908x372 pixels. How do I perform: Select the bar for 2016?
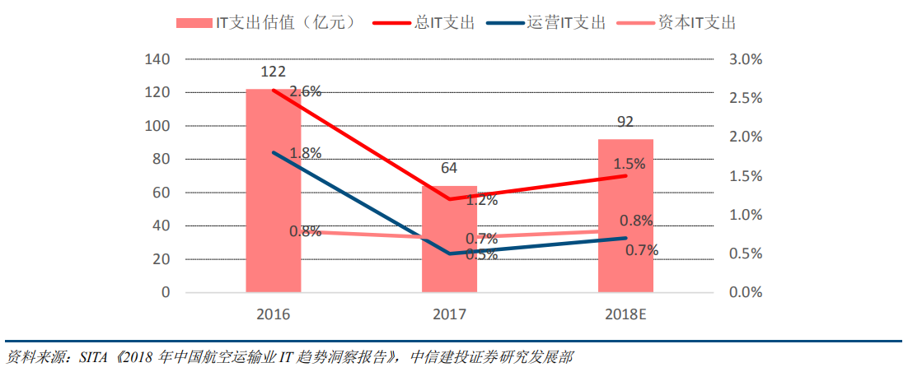pyautogui.click(x=273, y=190)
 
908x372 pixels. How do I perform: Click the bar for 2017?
pyautogui.click(x=449, y=239)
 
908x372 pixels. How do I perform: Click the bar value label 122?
pyautogui.click(x=273, y=72)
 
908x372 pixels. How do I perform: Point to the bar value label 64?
pyautogui.click(x=449, y=169)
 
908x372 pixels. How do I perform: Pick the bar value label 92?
pyautogui.click(x=625, y=123)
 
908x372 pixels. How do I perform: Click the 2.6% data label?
pyautogui.click(x=306, y=91)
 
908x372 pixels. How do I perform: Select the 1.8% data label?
pyautogui.click(x=306, y=152)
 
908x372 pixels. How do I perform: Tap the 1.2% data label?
pyautogui.click(x=482, y=199)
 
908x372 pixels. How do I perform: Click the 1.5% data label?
pyautogui.click(x=630, y=164)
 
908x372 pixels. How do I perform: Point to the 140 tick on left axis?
pyautogui.click(x=158, y=59)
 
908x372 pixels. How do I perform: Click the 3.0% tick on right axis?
pyautogui.click(x=747, y=59)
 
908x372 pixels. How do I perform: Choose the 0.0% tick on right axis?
pyautogui.click(x=747, y=292)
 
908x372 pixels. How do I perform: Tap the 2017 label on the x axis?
pyautogui.click(x=449, y=314)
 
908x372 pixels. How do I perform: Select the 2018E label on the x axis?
pyautogui.click(x=625, y=314)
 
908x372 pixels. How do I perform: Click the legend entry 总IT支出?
pyautogui.click(x=445, y=22)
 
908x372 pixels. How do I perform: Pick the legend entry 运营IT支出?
pyautogui.click(x=565, y=22)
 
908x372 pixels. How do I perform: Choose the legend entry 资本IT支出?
pyautogui.click(x=697, y=22)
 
